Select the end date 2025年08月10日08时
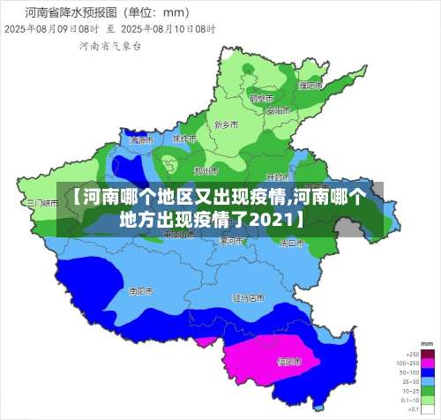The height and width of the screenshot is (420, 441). pos(172,28)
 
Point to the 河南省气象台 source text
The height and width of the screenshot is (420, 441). pos(109,44)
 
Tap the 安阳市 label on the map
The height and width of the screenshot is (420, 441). pos(277,111)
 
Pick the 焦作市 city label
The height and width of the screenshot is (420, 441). pos(184,139)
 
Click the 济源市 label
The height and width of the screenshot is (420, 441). pos(140,139)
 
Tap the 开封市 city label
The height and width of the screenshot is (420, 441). pos(278,176)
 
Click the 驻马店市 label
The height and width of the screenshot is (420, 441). pos(248,297)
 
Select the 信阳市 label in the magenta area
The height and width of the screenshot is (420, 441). pos(289,360)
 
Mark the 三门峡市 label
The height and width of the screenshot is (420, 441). pos(41,202)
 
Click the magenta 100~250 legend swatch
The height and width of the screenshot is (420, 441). pos(427,361)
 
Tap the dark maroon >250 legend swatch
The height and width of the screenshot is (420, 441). pos(427,352)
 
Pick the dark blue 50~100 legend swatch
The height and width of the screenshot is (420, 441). pos(427,371)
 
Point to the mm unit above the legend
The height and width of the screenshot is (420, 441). pos(427,342)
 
